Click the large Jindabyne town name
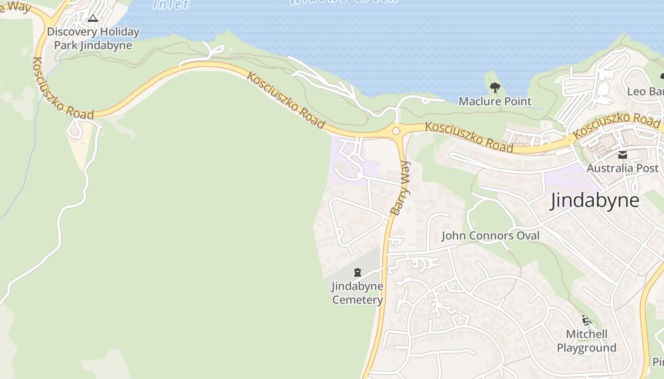(x=595, y=201)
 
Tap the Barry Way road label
(x=401, y=189)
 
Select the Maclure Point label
(x=495, y=101)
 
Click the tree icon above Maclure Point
(x=495, y=87)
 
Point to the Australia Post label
(x=622, y=168)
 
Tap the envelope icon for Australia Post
(x=622, y=155)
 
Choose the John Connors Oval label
(x=490, y=236)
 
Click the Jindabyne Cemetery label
(x=357, y=293)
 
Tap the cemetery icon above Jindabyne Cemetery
(x=357, y=272)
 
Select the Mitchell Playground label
(x=587, y=341)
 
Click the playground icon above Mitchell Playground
(x=587, y=321)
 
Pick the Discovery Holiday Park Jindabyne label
(x=93, y=39)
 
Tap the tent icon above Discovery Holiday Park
(x=93, y=18)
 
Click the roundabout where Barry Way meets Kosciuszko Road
(x=396, y=131)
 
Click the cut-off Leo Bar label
(x=645, y=91)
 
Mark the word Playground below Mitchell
(x=587, y=348)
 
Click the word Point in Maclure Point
(x=518, y=101)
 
